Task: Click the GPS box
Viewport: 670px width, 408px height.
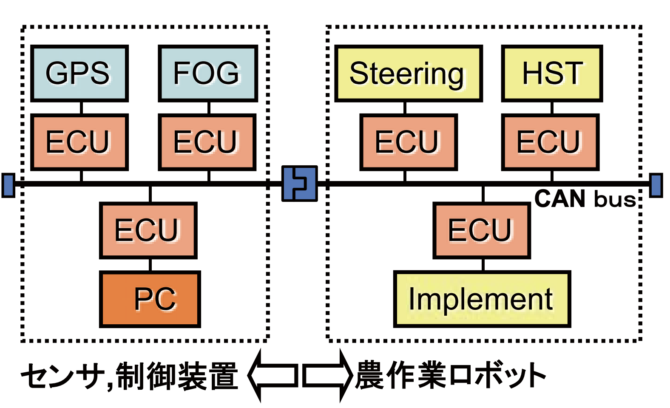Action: (x=79, y=74)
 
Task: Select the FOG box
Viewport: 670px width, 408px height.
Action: (x=207, y=74)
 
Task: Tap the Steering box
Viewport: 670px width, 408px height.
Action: (x=408, y=74)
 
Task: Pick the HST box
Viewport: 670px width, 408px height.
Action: (x=551, y=74)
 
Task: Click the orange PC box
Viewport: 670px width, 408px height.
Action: (x=150, y=299)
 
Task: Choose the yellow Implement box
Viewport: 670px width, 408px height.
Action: (x=482, y=299)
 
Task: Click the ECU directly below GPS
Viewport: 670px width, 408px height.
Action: (x=79, y=142)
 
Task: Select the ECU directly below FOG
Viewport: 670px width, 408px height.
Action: (x=207, y=142)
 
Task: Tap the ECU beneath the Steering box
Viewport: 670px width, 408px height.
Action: (x=408, y=142)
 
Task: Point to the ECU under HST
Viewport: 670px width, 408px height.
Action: (x=550, y=142)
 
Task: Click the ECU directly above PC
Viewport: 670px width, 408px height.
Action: (x=148, y=230)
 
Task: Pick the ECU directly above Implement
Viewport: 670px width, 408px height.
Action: (x=481, y=230)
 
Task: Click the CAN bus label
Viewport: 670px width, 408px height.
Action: (x=585, y=199)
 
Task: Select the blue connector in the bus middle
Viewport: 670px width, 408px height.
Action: (x=299, y=184)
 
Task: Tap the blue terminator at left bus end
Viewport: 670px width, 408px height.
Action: (x=8, y=185)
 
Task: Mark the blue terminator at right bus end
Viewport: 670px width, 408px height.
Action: (x=656, y=185)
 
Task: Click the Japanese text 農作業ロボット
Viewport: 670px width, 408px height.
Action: (x=451, y=376)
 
